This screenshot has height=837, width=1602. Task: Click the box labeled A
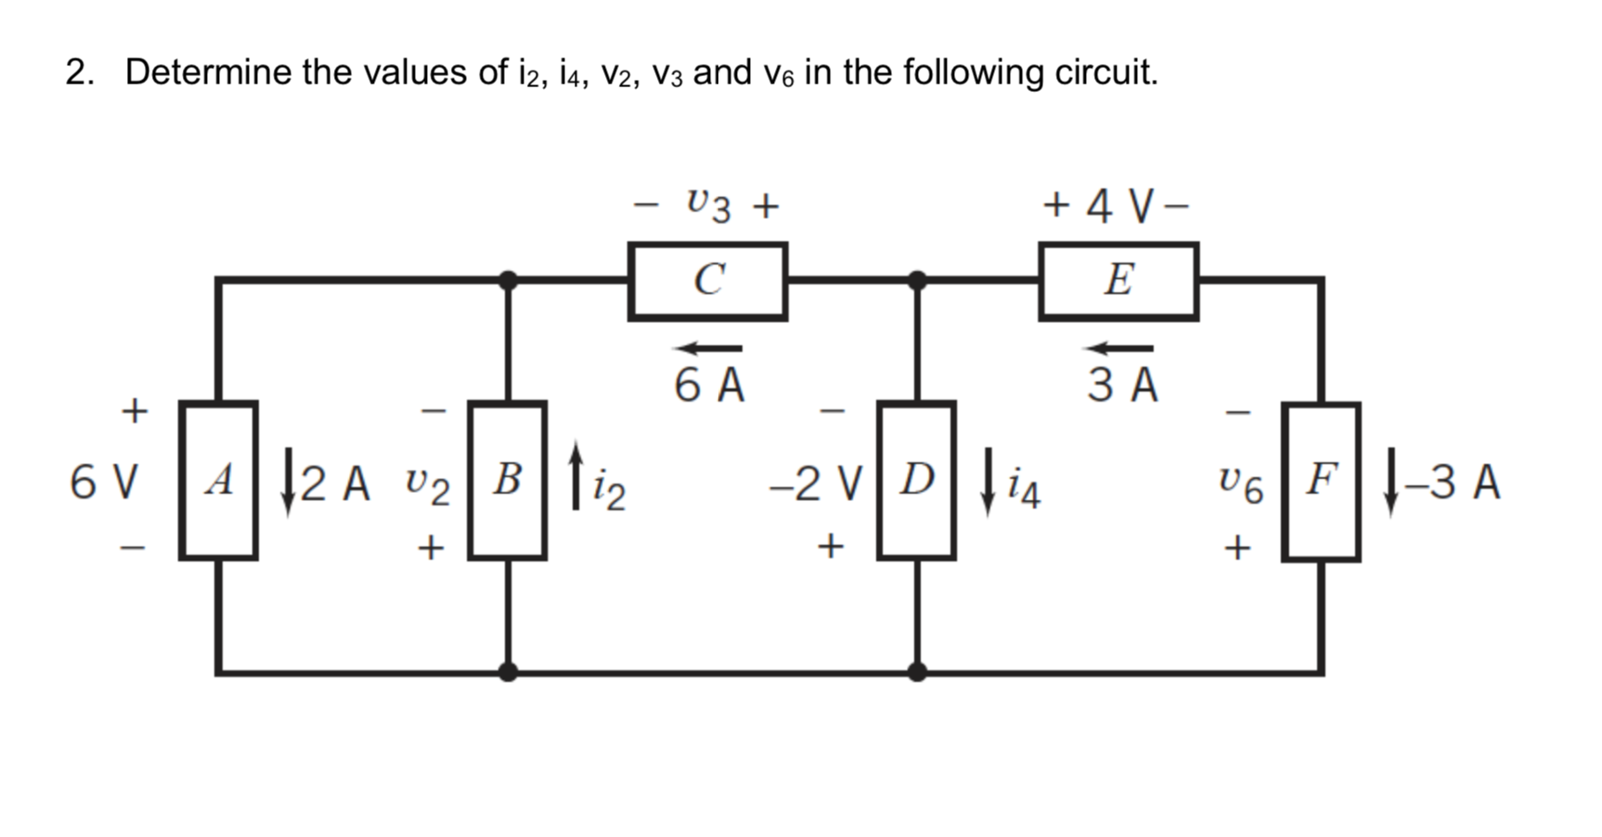pos(218,481)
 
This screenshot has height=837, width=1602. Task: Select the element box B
pos(507,481)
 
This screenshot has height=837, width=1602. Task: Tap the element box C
pos(708,281)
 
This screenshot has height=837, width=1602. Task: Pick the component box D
pos(917,481)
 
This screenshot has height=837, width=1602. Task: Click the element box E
pos(1118,281)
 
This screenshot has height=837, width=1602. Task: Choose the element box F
pos(1322,482)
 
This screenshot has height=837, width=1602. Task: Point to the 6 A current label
pos(709,386)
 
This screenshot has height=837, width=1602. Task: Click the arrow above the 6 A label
pos(708,348)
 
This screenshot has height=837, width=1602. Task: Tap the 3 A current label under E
pos(1123,386)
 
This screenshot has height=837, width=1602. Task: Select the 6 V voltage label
pos(104,483)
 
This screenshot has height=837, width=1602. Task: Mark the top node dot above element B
pos(508,279)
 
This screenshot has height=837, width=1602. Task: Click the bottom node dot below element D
pos(917,670)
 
